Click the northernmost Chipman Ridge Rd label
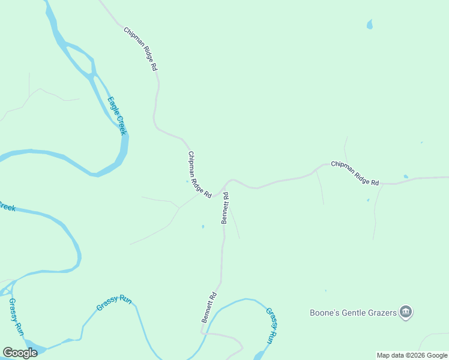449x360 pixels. point(140,50)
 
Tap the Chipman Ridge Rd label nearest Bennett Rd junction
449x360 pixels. point(200,175)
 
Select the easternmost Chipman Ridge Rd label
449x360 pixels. point(355,173)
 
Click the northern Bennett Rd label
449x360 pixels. point(226,208)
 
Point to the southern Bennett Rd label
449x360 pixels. point(208,308)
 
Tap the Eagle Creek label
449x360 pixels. point(116,116)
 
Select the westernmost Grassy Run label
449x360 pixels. point(17,317)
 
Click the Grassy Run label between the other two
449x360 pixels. point(113,302)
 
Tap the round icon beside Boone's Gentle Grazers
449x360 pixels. point(406,311)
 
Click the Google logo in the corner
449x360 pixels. point(20,353)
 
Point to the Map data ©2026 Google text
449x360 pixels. point(412,355)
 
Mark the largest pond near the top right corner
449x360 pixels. point(369,25)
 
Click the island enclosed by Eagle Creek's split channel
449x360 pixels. point(77,59)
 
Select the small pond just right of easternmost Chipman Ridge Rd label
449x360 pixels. point(406,176)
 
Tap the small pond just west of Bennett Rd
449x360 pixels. point(203,227)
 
